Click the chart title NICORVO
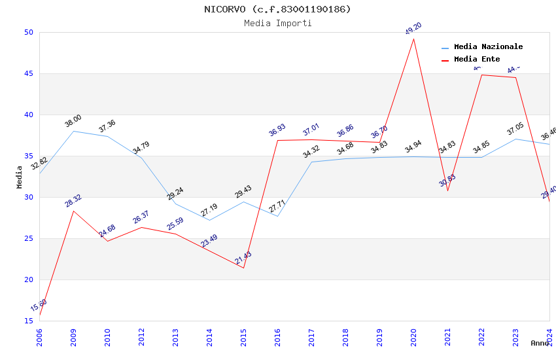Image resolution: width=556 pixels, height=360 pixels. point(277,9)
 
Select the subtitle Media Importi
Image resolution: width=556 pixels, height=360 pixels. point(277,23)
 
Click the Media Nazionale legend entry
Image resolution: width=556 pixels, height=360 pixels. point(488,47)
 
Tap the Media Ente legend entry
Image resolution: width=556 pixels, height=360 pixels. point(477,60)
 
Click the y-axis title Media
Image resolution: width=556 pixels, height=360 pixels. point(20,177)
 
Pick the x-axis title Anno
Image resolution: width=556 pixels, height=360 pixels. point(540,343)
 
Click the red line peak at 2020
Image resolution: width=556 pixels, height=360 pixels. point(413,39)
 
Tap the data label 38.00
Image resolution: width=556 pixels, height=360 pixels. point(73,121)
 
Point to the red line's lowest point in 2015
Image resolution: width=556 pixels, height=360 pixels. point(243,268)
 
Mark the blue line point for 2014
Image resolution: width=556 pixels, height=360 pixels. point(209,220)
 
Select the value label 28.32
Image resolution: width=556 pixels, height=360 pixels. point(73,201)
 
